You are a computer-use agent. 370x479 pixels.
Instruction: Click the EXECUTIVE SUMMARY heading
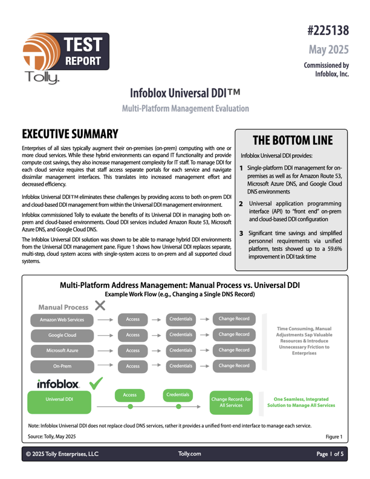tap(70, 134)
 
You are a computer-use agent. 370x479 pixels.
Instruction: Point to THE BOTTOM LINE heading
tap(293, 140)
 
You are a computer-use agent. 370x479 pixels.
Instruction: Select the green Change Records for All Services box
tap(232, 403)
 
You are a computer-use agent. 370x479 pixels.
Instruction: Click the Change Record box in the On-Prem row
tap(234, 366)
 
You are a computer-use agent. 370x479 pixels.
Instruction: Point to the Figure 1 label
tap(334, 436)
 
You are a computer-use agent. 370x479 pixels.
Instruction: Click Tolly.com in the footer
tap(190, 453)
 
